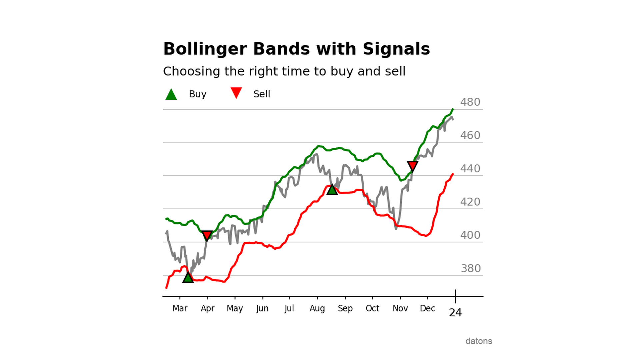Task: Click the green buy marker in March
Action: coord(188,278)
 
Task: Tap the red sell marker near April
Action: coord(207,235)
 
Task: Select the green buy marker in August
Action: coord(332,190)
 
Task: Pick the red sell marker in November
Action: coord(413,166)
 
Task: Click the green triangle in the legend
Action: coord(171,95)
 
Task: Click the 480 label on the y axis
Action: coord(470,102)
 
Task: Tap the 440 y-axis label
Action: coord(470,169)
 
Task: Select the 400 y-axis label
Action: coord(470,235)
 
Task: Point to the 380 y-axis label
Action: coord(471,268)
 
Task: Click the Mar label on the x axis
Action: coord(180,309)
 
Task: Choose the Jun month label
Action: coord(262,309)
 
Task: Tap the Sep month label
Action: coord(345,309)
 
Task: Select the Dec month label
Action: coord(427,309)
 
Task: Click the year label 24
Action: coord(455,313)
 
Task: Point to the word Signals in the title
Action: coord(396,49)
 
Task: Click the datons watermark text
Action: coord(479,341)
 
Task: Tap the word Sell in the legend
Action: coord(262,94)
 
